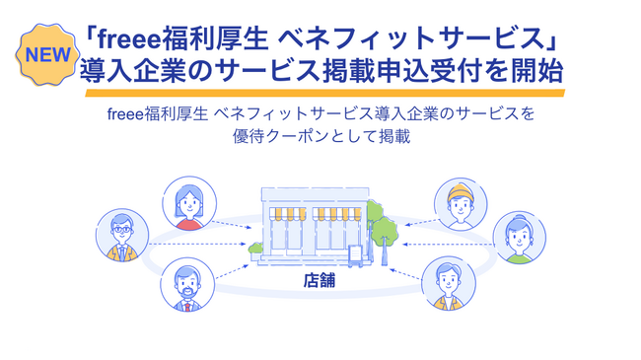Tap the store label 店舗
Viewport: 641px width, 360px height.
pyautogui.click(x=320, y=280)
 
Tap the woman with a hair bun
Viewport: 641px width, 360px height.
pyautogui.click(x=519, y=237)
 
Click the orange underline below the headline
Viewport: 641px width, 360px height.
pyautogui.click(x=324, y=94)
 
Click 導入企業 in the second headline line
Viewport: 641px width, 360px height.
pyautogui.click(x=129, y=72)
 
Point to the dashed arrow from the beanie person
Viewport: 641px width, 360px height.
pyautogui.click(x=408, y=221)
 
